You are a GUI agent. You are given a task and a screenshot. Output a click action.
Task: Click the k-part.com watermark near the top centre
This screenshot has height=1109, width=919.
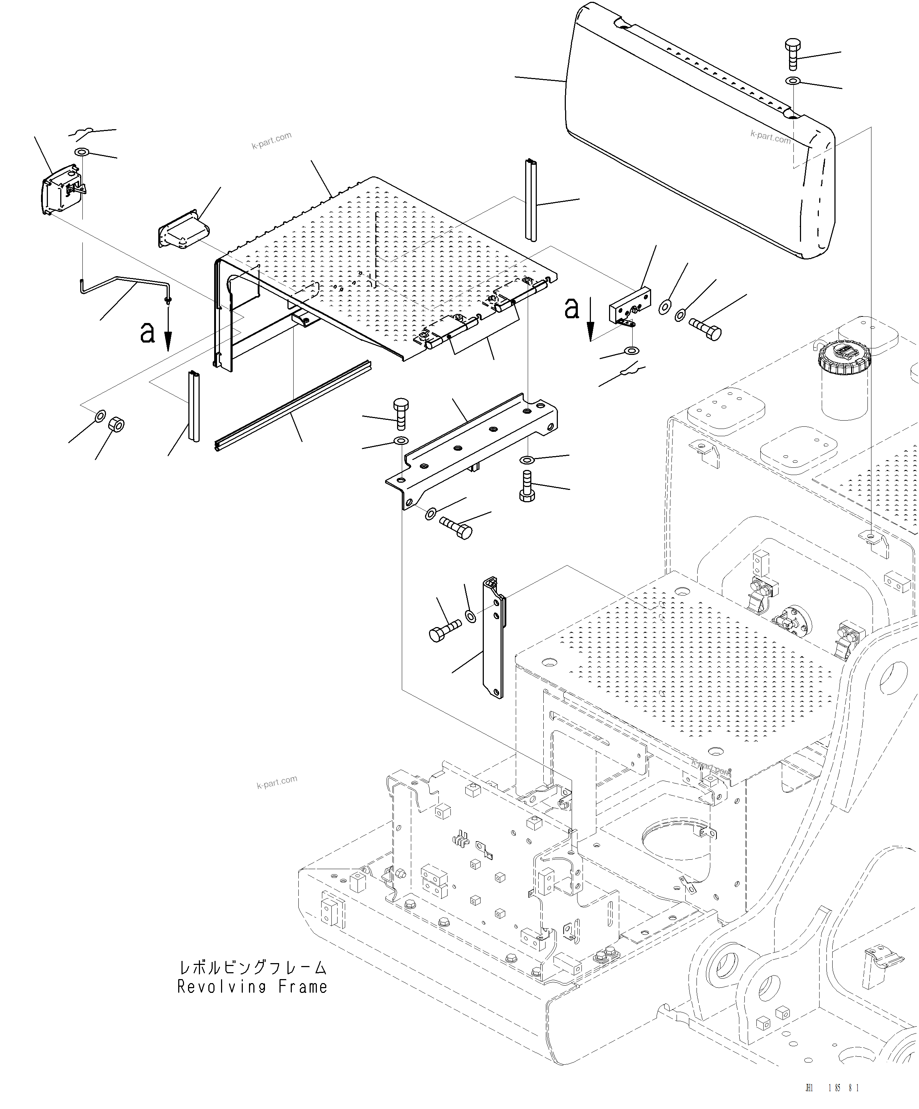click(271, 140)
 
